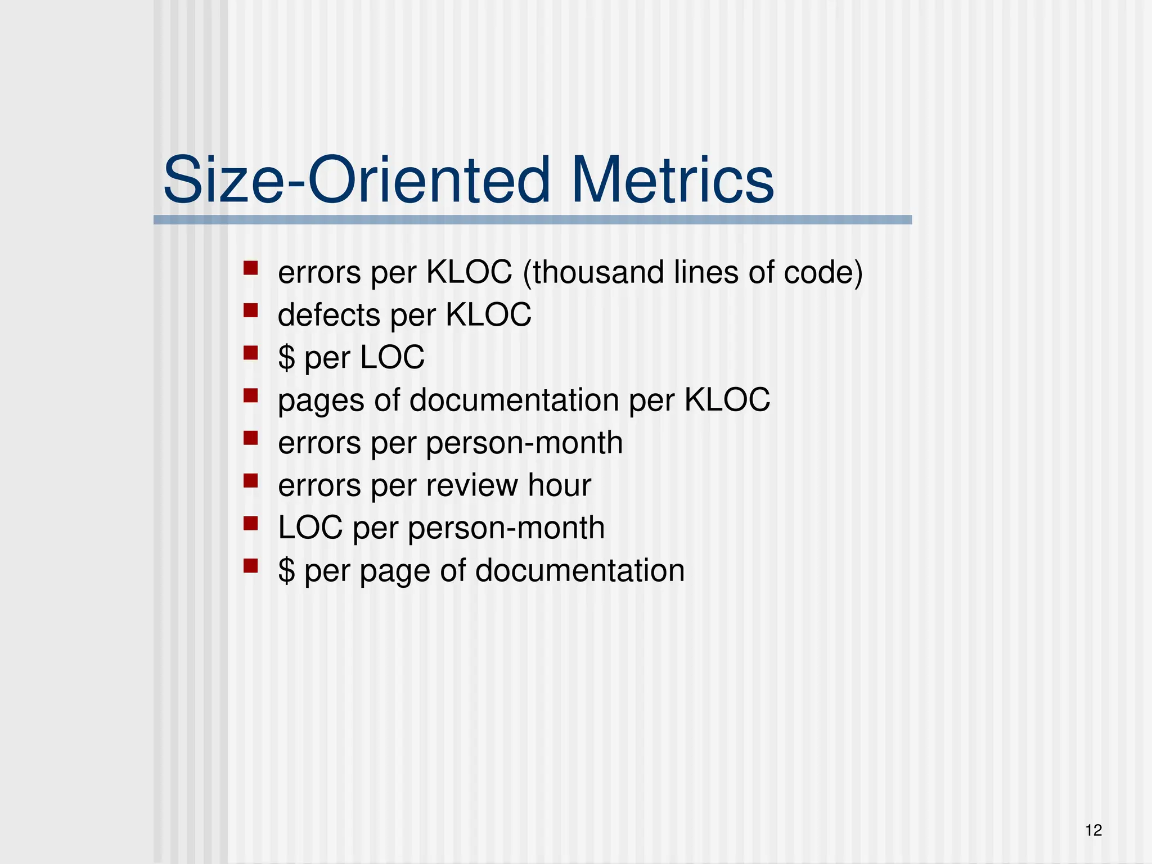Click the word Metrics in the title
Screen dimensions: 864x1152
672,181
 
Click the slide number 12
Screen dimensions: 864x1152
1093,830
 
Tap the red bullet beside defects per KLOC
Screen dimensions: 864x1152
250,310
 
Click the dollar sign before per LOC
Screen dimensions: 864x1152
286,358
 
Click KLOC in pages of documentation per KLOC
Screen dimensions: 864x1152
727,400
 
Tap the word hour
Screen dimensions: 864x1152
560,485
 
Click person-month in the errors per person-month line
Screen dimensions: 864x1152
524,443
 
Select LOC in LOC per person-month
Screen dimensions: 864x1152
310,528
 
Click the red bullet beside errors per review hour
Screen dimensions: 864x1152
250,480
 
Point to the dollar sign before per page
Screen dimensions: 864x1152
286,571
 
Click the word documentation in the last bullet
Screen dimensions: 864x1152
580,570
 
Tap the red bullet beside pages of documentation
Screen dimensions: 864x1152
250,395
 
